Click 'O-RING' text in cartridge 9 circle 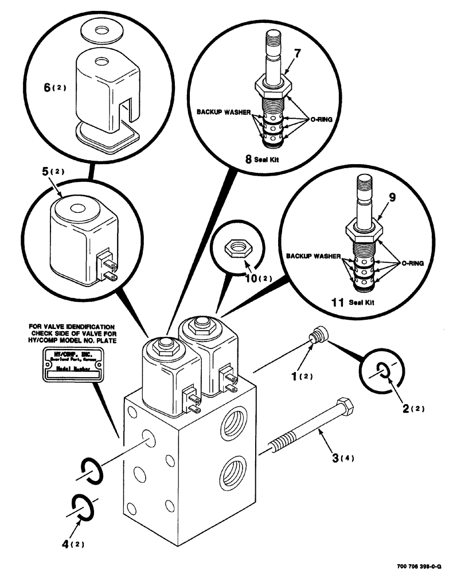click(409, 263)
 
